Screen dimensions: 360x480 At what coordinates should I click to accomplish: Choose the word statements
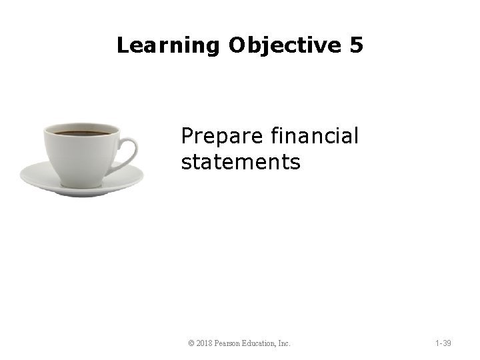(241, 161)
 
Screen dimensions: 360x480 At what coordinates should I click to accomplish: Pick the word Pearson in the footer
(231, 343)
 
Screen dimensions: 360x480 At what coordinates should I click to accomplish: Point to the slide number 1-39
(442, 343)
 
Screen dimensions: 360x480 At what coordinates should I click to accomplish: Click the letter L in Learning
(122, 46)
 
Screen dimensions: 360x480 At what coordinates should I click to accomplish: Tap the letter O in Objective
(239, 46)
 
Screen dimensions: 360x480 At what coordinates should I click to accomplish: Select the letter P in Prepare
(187, 136)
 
